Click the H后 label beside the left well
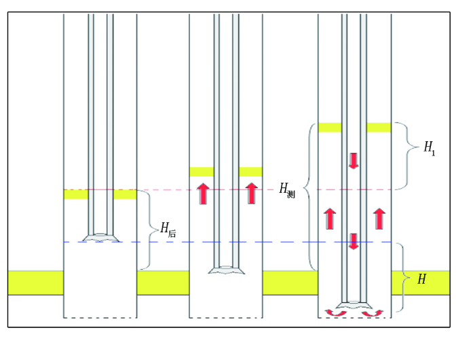click(168, 230)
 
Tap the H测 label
click(287, 191)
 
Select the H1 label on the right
click(430, 149)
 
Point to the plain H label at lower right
click(422, 278)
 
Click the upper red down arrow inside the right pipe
click(354, 161)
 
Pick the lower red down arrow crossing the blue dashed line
click(354, 241)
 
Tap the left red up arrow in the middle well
click(203, 194)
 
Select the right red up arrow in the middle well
click(252, 193)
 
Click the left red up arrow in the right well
click(330, 219)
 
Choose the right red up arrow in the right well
click(379, 219)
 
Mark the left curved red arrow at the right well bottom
click(336, 313)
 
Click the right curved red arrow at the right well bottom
click(373, 313)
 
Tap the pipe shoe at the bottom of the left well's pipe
click(101, 238)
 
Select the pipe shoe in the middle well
click(226, 270)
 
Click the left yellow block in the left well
click(76, 194)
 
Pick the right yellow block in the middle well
click(250, 172)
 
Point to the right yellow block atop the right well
click(379, 128)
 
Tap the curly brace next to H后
click(151, 230)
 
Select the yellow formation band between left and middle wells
click(163, 283)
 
